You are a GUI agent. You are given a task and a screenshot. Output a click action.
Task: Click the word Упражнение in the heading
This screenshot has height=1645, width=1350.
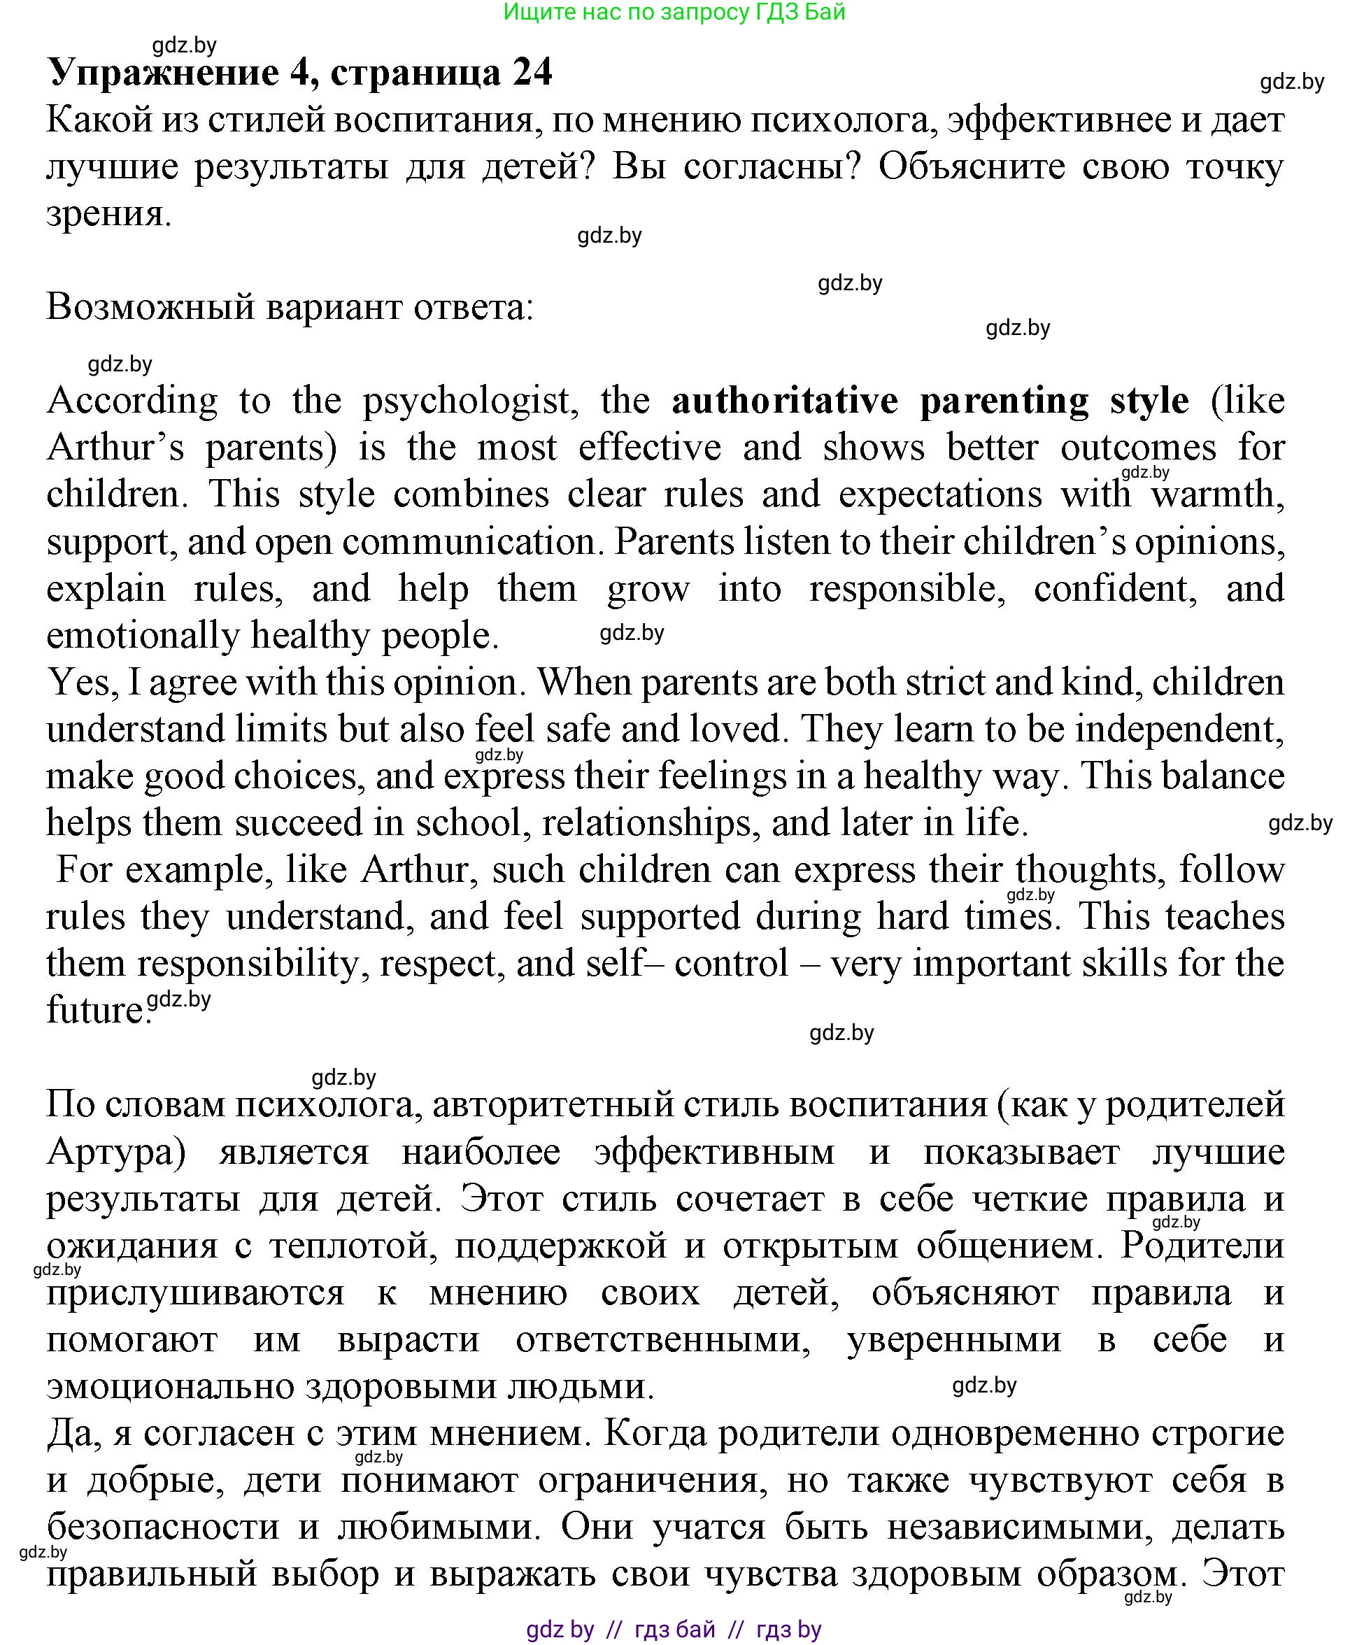point(163,73)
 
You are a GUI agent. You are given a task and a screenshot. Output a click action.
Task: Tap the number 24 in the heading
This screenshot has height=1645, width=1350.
point(532,73)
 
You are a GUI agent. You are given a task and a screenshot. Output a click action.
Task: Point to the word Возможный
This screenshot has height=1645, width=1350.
point(151,308)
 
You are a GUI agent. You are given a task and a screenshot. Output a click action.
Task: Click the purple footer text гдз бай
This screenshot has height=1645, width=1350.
point(674,1630)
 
